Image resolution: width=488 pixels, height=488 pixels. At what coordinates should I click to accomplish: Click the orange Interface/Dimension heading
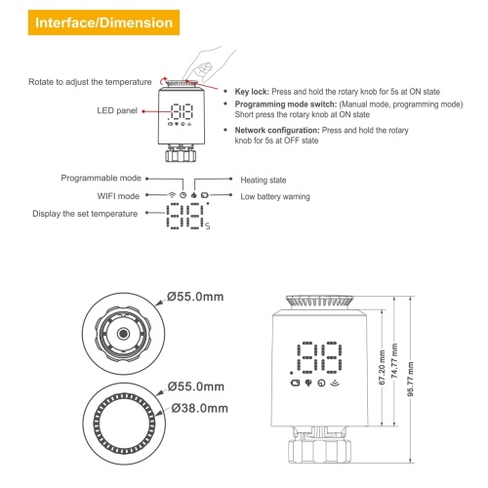[103, 22]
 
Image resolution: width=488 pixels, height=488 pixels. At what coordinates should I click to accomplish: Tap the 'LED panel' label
[117, 110]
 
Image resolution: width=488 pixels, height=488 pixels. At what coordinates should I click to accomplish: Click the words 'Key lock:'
[252, 92]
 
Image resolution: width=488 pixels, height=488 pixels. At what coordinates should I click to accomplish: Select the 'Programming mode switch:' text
[286, 104]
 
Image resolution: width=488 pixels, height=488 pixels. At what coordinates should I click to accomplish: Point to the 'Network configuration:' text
[277, 131]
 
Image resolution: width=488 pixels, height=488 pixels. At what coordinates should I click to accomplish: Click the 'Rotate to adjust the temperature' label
[90, 82]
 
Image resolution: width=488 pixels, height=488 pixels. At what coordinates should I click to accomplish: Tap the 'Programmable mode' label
[101, 178]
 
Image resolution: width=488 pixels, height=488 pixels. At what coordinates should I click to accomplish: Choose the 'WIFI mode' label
[118, 196]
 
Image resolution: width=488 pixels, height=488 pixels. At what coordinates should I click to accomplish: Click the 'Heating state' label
[264, 180]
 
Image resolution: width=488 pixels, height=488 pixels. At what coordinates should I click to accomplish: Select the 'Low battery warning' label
[275, 196]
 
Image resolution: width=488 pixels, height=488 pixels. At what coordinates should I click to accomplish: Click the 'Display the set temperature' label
[85, 214]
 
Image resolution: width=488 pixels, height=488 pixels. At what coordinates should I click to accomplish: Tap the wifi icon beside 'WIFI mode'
[172, 195]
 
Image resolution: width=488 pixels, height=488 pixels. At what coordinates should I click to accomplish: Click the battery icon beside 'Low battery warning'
[204, 195]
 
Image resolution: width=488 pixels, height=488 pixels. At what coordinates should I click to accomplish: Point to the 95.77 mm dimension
[411, 379]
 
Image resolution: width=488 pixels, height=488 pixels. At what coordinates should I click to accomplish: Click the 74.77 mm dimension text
[394, 360]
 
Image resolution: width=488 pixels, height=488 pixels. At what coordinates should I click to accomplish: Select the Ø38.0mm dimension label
[199, 408]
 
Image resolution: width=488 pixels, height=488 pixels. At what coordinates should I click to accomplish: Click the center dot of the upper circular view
[123, 334]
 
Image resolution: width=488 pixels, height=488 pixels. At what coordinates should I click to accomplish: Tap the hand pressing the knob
[205, 65]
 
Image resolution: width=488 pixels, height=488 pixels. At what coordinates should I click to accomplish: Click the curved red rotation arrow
[164, 80]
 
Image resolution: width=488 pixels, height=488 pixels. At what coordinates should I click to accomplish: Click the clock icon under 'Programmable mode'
[183, 195]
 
